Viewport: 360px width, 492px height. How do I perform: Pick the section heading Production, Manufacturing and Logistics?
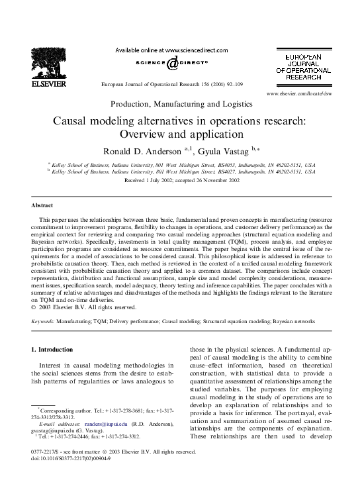(x=181, y=104)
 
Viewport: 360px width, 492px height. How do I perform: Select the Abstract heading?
(x=46, y=206)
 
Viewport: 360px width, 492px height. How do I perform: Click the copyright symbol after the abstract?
(x=34, y=306)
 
